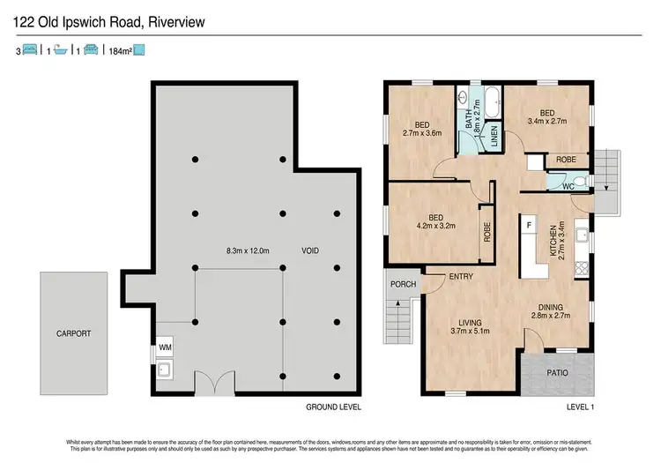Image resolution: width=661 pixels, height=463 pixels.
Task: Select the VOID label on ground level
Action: pos(309,251)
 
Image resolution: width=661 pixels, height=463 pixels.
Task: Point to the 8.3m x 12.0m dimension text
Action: pos(247,251)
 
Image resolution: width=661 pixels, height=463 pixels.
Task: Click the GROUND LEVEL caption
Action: pos(334,408)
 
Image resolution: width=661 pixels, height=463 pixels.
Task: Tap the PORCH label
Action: pos(403,285)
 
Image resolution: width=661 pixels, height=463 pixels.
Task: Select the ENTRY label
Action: pos(460,277)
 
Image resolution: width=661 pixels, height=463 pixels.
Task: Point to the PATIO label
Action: pos(556,372)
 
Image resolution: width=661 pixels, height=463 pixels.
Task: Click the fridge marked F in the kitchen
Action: pos(529,226)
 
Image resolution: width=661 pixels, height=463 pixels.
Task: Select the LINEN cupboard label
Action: pos(494,134)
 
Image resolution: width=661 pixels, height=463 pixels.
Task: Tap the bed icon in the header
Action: pos(28,51)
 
